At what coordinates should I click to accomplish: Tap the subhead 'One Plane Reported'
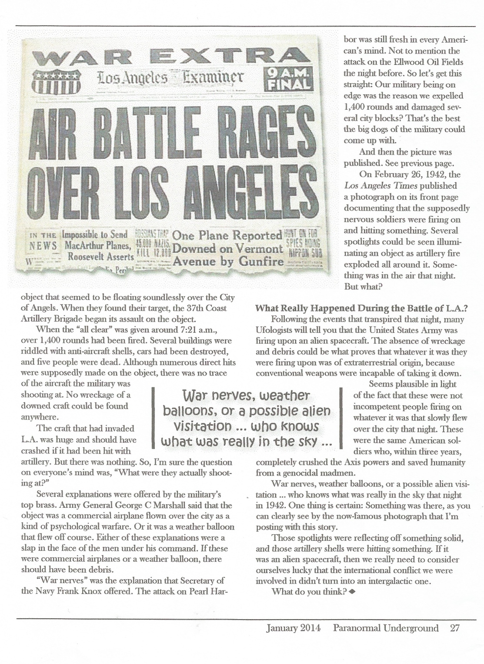[227, 235]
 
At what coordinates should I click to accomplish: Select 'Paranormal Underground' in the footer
[386, 628]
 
